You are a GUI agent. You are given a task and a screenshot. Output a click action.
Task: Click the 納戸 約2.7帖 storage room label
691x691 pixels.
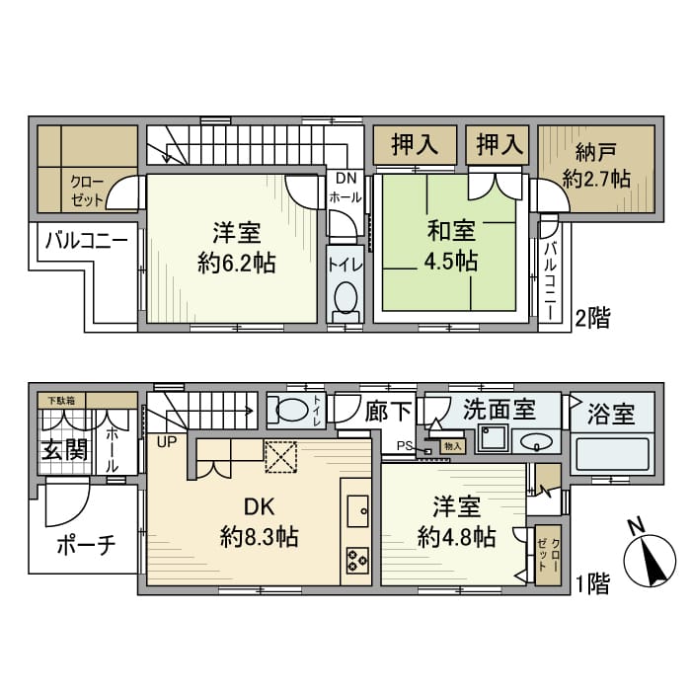tap(596, 166)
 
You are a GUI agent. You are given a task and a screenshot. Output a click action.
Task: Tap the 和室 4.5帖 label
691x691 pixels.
tap(452, 248)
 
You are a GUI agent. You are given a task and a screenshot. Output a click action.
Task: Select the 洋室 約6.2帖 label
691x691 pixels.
tap(237, 248)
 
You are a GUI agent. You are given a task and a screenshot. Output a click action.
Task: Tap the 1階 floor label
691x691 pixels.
tap(592, 583)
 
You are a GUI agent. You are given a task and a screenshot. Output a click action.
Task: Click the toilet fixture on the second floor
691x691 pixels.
tap(345, 296)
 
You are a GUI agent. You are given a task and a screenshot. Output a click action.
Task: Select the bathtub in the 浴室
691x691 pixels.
tap(612, 457)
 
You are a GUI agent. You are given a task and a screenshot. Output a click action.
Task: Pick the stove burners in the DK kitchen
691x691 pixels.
tap(355, 562)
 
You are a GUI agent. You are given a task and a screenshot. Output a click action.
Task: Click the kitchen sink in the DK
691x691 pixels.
tap(356, 509)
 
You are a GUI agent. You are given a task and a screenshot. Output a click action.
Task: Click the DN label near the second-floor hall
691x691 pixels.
tap(345, 179)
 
